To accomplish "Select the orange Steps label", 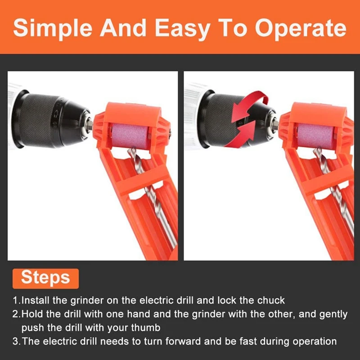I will coord(45,277).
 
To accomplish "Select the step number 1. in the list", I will coord(16,300).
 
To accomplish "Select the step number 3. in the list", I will coord(16,341).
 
